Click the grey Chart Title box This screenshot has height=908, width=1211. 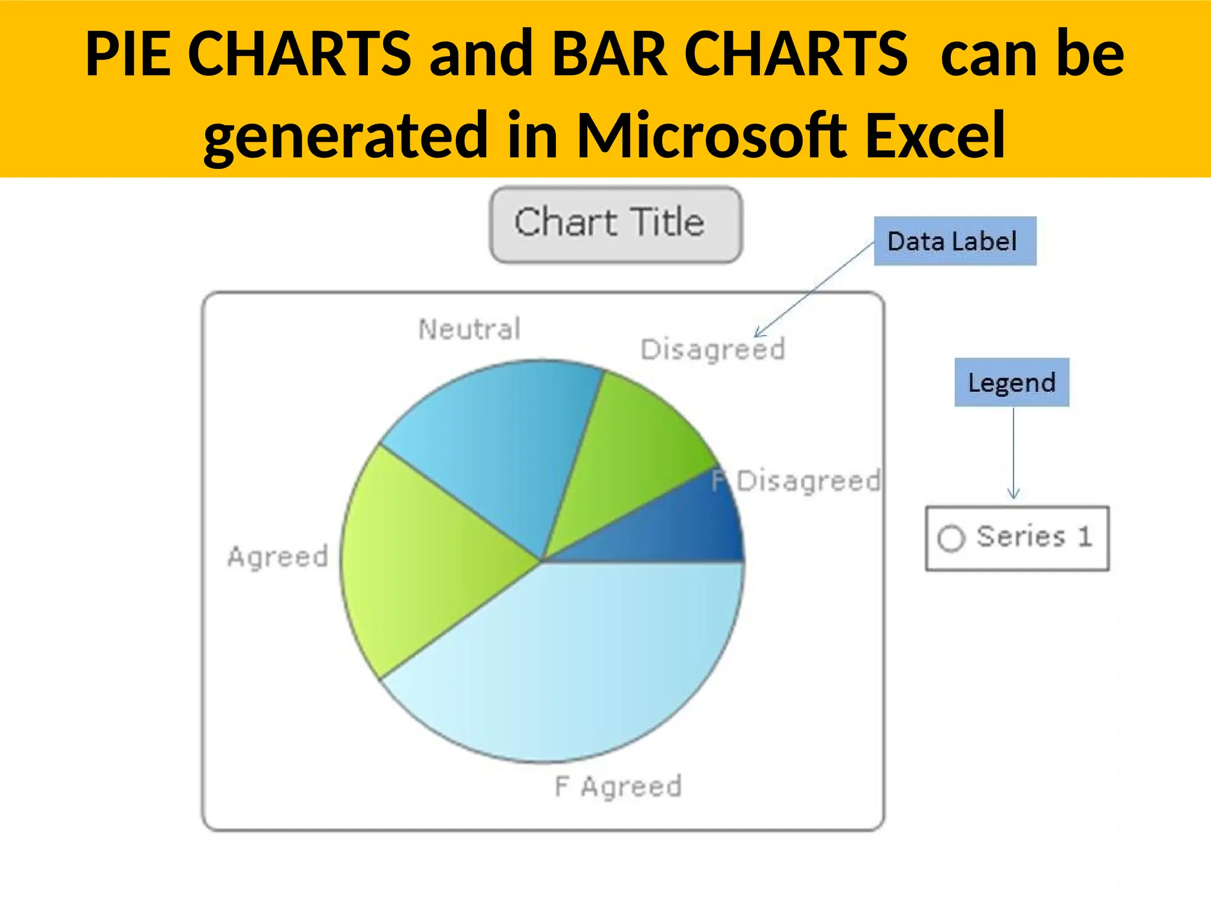point(615,224)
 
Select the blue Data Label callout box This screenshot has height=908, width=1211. point(954,241)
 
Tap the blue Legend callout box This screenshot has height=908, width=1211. point(1011,382)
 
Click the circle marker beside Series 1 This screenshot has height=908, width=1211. point(951,539)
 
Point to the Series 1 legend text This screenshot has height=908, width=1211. point(1034,537)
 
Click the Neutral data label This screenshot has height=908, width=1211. point(469,329)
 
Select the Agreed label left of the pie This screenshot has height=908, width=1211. point(278,557)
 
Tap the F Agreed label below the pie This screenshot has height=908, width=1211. point(618,787)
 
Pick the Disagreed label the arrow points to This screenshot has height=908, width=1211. point(713,350)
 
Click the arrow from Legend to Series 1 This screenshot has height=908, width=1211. point(1014,452)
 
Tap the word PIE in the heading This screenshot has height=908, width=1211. point(128,54)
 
